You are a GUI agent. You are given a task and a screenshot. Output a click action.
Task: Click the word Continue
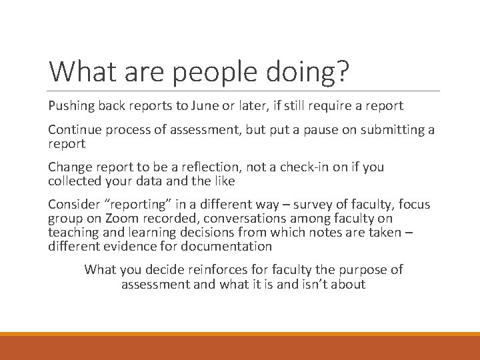74,131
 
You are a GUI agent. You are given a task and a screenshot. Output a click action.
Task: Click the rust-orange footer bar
240,348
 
